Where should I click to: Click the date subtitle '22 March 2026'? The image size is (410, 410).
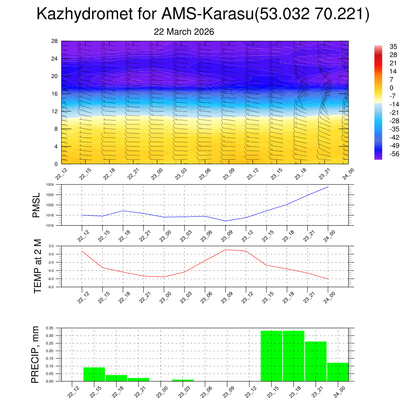pos(184,32)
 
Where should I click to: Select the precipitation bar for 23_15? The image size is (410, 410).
pos(271,356)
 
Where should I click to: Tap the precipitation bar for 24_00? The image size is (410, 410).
pos(338,372)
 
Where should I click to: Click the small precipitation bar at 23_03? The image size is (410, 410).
pos(183,380)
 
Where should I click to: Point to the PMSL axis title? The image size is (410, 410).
pos(36,205)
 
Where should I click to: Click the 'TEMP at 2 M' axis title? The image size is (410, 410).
pos(38,266)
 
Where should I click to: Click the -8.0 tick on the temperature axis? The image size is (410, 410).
pos(51,287)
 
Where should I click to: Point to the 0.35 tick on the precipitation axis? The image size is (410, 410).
pos(49,328)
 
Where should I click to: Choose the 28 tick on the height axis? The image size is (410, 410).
pos(54,41)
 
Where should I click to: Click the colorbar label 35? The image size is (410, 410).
pos(393,46)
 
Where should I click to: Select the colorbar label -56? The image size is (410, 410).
pos(394,154)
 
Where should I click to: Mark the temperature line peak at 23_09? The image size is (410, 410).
pos(225,250)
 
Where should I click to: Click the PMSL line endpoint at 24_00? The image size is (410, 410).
pos(328,187)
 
